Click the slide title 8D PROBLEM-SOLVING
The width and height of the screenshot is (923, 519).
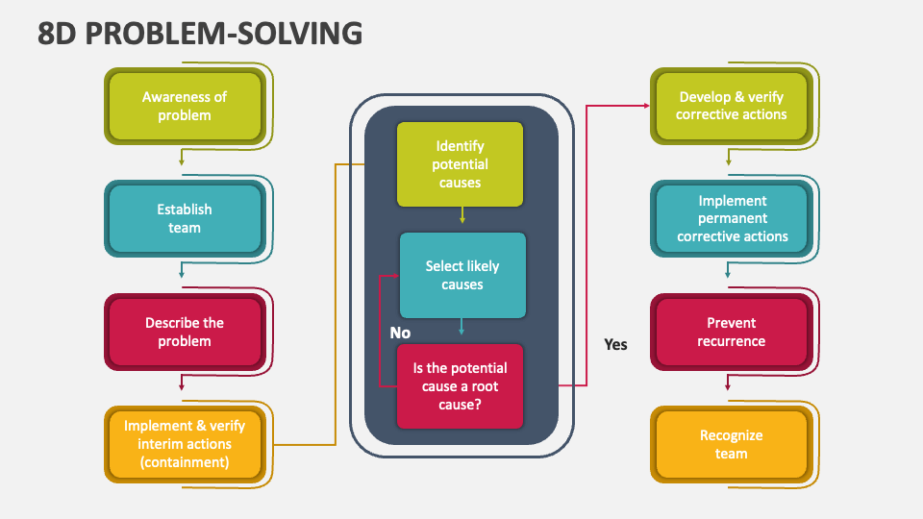tap(201, 32)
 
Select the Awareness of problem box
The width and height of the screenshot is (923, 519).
tap(184, 106)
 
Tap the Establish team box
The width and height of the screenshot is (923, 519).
tap(184, 218)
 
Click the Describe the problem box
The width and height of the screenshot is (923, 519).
tap(184, 332)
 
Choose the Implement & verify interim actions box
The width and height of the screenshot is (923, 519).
tap(184, 444)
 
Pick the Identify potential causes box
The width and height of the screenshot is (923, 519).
tap(461, 164)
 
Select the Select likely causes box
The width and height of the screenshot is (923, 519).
tap(462, 275)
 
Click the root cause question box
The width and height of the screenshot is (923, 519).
tap(461, 385)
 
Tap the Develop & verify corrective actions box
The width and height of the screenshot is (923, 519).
tap(731, 106)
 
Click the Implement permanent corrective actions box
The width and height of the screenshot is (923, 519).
tap(731, 218)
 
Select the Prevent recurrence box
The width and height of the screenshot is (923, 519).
tap(731, 332)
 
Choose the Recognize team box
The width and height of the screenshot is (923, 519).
tap(731, 444)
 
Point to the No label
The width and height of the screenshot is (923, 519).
tap(400, 332)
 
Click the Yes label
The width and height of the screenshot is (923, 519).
tap(615, 344)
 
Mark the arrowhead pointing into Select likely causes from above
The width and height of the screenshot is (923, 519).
tap(462, 220)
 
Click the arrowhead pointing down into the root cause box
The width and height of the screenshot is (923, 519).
tap(461, 332)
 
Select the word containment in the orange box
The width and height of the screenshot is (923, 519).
tap(184, 462)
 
